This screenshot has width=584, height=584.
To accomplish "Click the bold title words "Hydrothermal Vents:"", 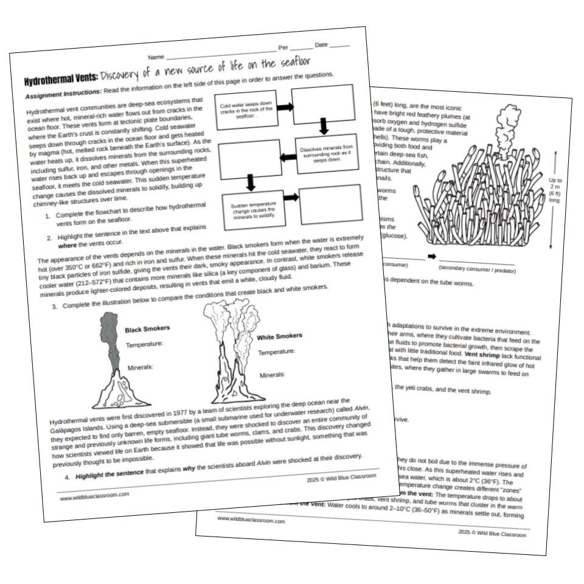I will [x=61, y=81].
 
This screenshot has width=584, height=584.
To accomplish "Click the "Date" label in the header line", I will [x=321, y=45].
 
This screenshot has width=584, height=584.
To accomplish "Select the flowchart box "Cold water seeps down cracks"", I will [x=246, y=110].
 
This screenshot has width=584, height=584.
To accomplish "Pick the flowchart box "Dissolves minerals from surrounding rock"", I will [x=327, y=153].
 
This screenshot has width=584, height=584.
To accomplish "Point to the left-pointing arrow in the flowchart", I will [x=287, y=157].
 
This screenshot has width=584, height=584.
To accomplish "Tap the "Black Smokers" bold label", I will [x=147, y=329].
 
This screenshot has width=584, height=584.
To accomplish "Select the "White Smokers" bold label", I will [x=279, y=336].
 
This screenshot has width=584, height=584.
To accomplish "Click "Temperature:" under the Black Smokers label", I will [x=144, y=344].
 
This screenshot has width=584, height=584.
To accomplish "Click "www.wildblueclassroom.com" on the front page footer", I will [x=95, y=495].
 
